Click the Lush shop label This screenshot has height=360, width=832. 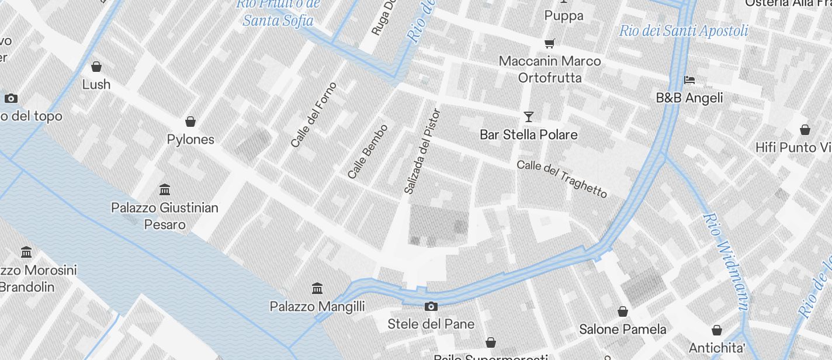(96, 84)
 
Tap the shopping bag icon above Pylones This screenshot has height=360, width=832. (190, 122)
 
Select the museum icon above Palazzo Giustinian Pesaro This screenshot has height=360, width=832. (165, 189)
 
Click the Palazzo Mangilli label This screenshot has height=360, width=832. (317, 306)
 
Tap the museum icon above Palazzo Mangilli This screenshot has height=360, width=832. (317, 288)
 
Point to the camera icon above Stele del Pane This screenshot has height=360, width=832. (431, 306)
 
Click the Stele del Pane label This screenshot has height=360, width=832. (431, 324)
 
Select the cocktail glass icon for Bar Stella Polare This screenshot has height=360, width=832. (529, 117)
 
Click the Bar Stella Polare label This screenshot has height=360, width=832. (529, 134)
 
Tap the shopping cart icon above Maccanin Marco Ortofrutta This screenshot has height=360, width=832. (549, 43)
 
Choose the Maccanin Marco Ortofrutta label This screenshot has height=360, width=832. (550, 69)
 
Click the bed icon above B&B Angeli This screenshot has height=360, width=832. (689, 80)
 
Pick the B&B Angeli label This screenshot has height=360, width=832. (689, 98)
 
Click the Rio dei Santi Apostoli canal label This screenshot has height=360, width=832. (684, 30)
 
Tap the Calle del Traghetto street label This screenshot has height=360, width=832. (562, 179)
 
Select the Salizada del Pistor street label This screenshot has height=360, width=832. (422, 151)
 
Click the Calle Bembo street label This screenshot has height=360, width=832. (368, 151)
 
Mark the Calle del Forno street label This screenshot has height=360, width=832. (314, 115)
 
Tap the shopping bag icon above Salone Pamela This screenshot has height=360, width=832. (623, 311)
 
